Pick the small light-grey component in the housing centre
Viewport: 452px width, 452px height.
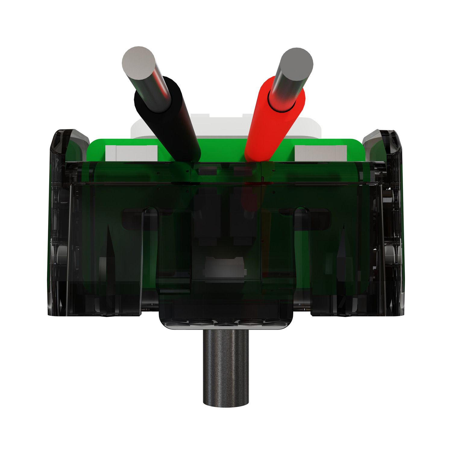point(225,267)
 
